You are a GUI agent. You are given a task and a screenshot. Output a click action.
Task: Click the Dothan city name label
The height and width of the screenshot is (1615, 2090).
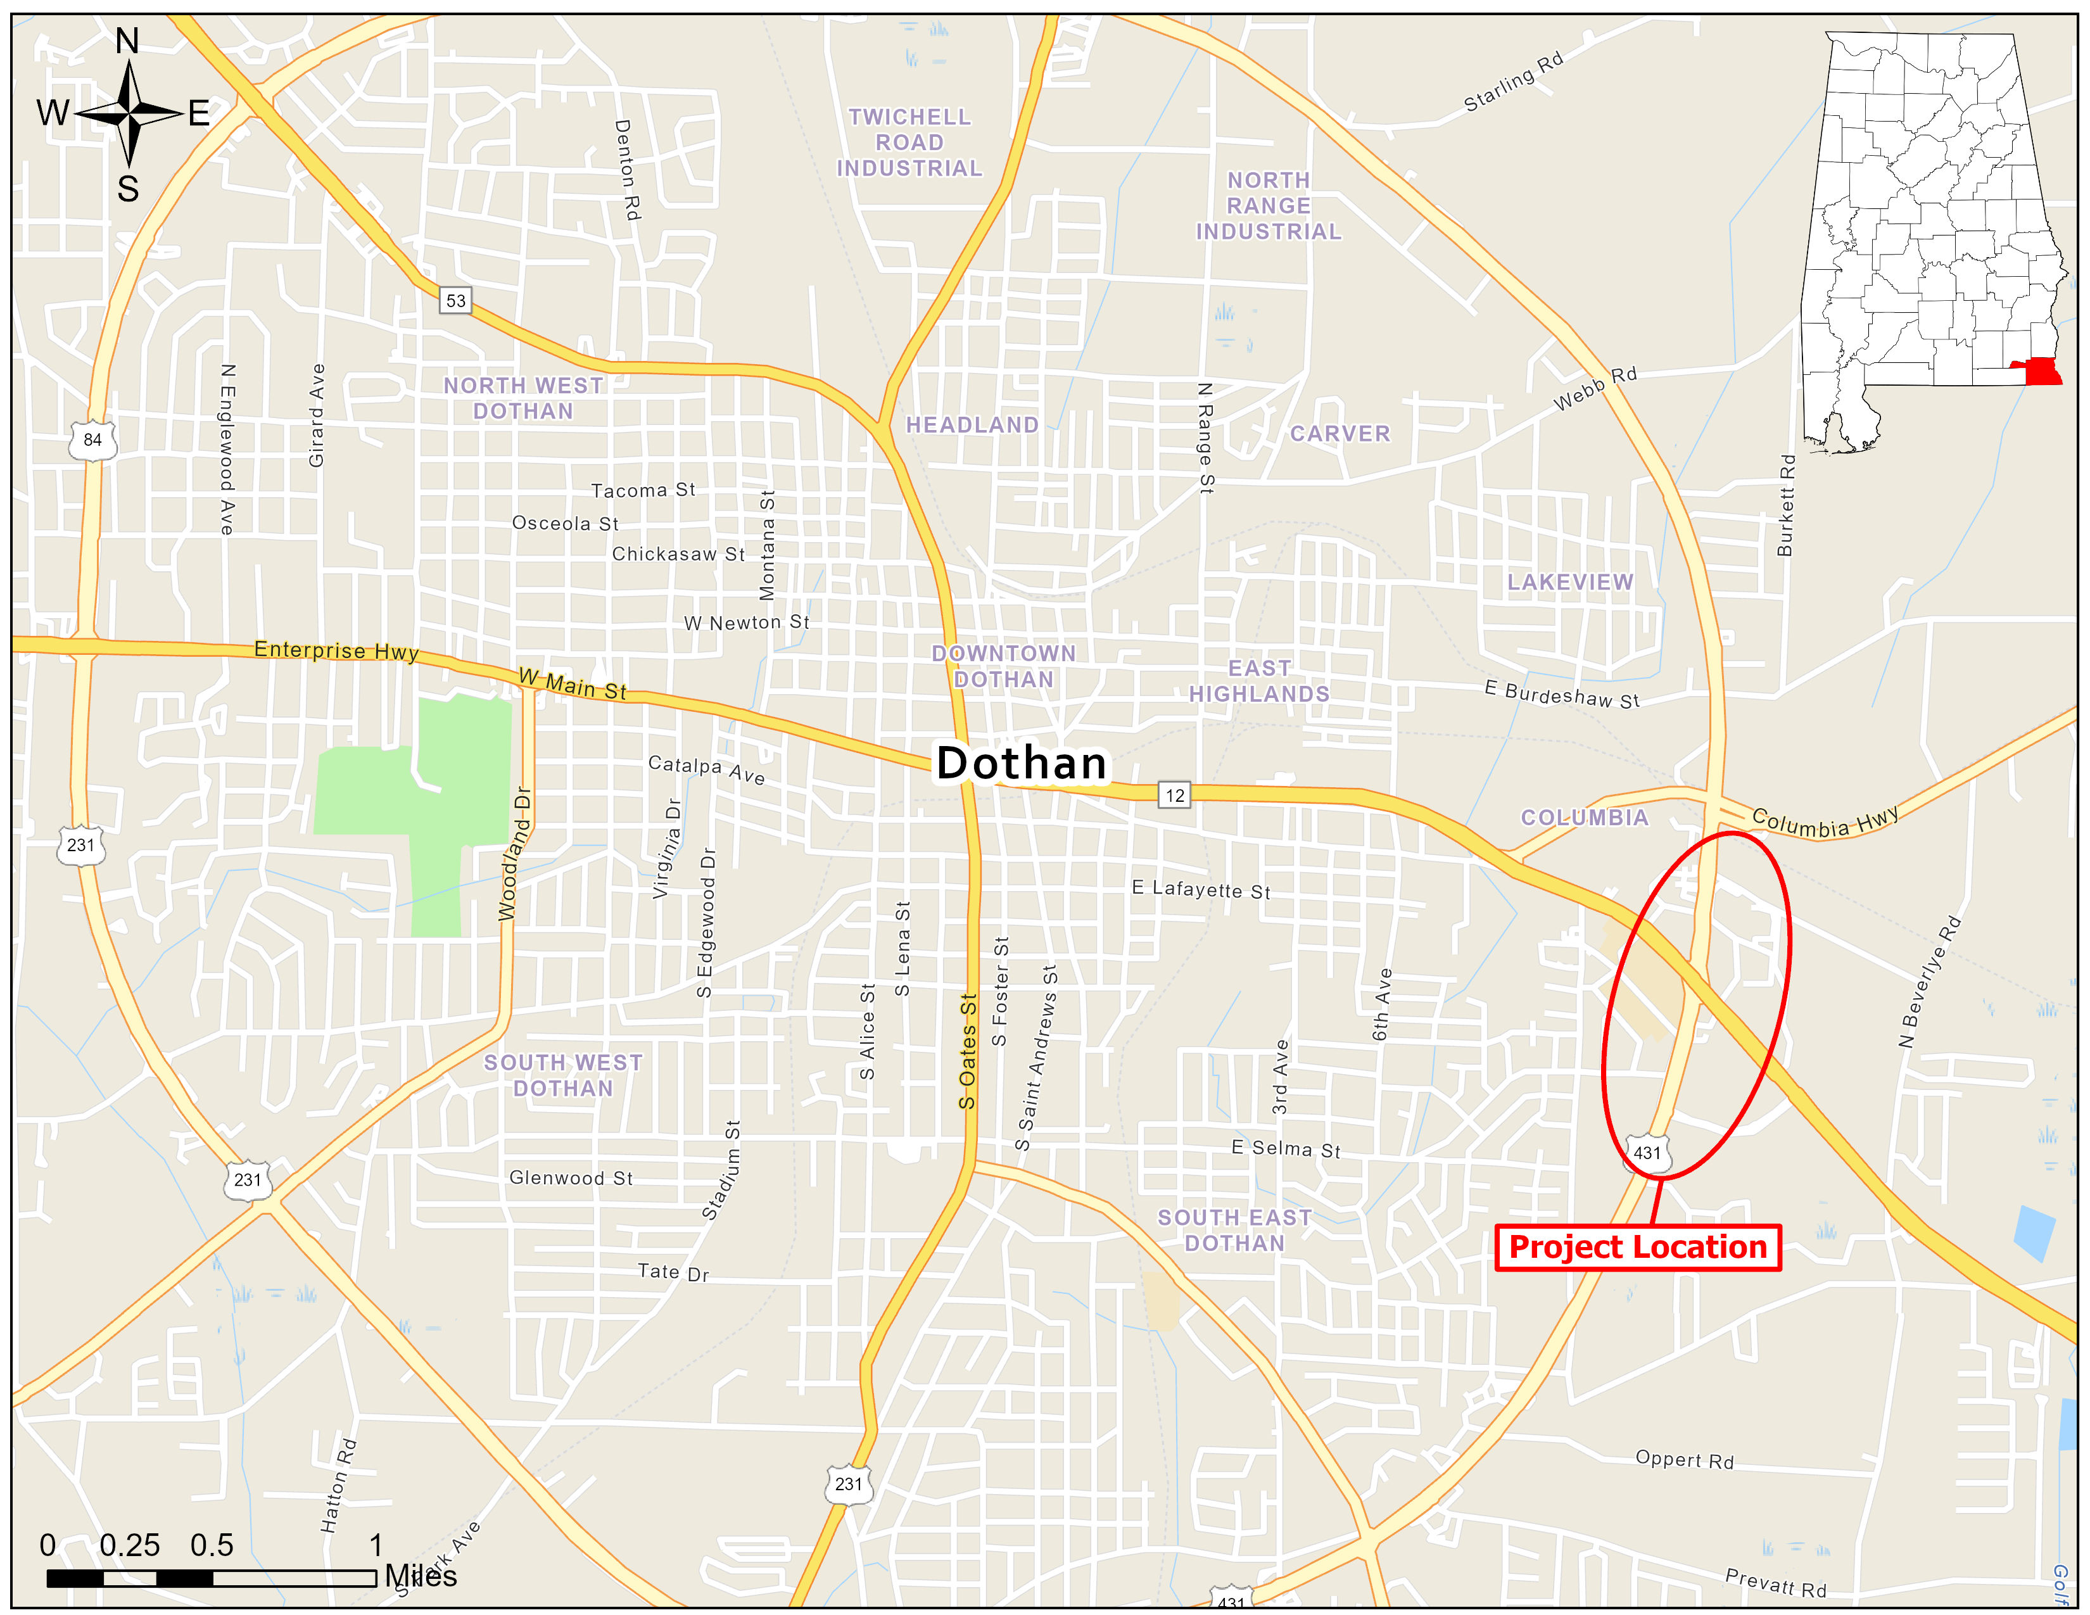point(1020,764)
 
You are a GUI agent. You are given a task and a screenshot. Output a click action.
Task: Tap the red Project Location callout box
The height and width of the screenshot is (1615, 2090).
point(1637,1248)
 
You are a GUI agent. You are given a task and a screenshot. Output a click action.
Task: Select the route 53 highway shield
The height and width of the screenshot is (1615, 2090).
point(455,300)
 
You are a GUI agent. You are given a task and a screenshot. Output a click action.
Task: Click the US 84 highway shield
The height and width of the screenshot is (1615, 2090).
point(93,440)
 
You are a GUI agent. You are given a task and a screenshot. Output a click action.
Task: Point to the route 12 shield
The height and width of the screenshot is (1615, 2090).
point(1174,795)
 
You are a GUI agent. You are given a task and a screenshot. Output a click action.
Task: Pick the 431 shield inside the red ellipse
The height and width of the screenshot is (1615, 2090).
point(1647,1153)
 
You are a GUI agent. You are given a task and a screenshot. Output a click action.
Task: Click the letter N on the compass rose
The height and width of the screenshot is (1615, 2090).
point(127,41)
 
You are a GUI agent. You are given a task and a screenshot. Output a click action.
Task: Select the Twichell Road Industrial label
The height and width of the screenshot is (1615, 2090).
point(909,142)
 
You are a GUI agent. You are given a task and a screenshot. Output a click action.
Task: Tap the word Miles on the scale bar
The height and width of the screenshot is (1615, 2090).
point(421,1576)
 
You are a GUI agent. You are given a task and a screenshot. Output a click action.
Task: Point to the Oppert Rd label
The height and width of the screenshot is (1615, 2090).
point(1684,1459)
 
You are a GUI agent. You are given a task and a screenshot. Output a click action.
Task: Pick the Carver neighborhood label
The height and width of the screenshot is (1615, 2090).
point(1339,433)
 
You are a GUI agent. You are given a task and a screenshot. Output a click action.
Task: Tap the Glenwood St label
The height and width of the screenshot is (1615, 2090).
point(571,1178)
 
